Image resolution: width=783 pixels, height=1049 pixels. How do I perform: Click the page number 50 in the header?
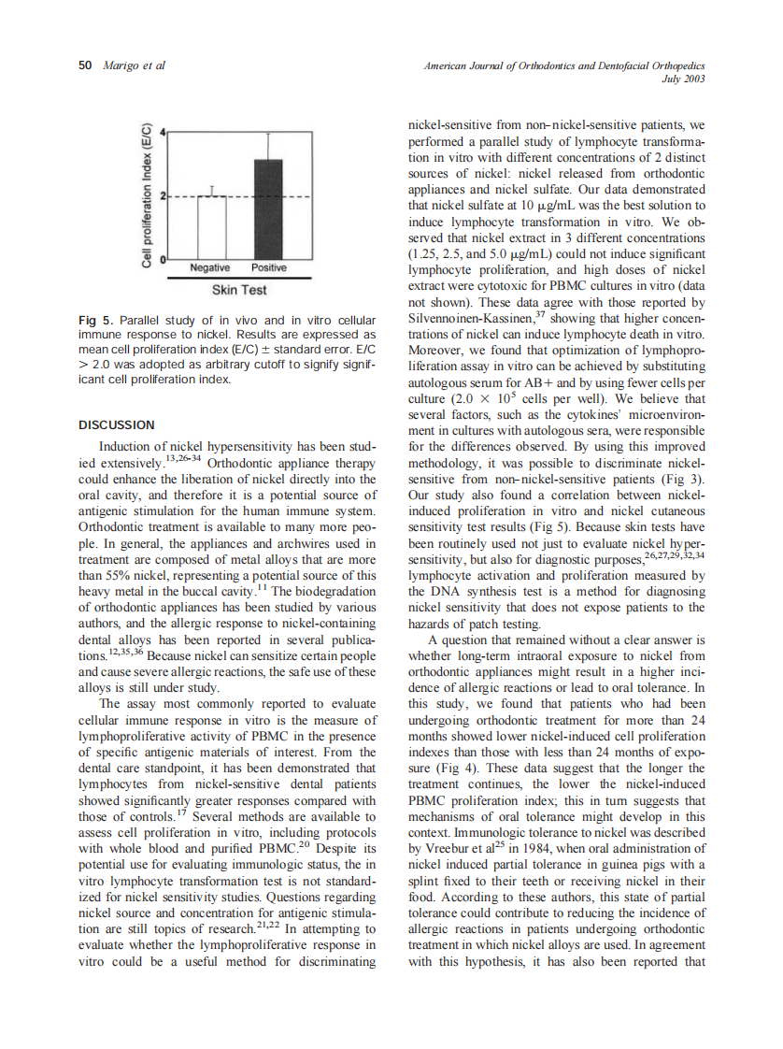tap(85, 66)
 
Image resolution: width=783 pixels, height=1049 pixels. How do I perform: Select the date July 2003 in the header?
tap(683, 79)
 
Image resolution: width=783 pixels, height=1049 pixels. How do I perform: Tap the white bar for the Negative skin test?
tap(212, 227)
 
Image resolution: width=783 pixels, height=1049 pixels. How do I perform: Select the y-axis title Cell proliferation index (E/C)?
tap(147, 196)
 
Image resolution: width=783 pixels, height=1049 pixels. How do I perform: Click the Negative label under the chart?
tap(210, 268)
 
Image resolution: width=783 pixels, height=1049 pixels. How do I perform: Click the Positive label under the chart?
tap(269, 268)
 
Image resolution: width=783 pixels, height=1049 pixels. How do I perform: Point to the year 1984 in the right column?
tap(527, 848)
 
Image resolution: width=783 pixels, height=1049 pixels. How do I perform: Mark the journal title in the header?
tap(563, 66)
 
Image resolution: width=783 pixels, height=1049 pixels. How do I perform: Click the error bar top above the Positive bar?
tap(269, 134)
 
